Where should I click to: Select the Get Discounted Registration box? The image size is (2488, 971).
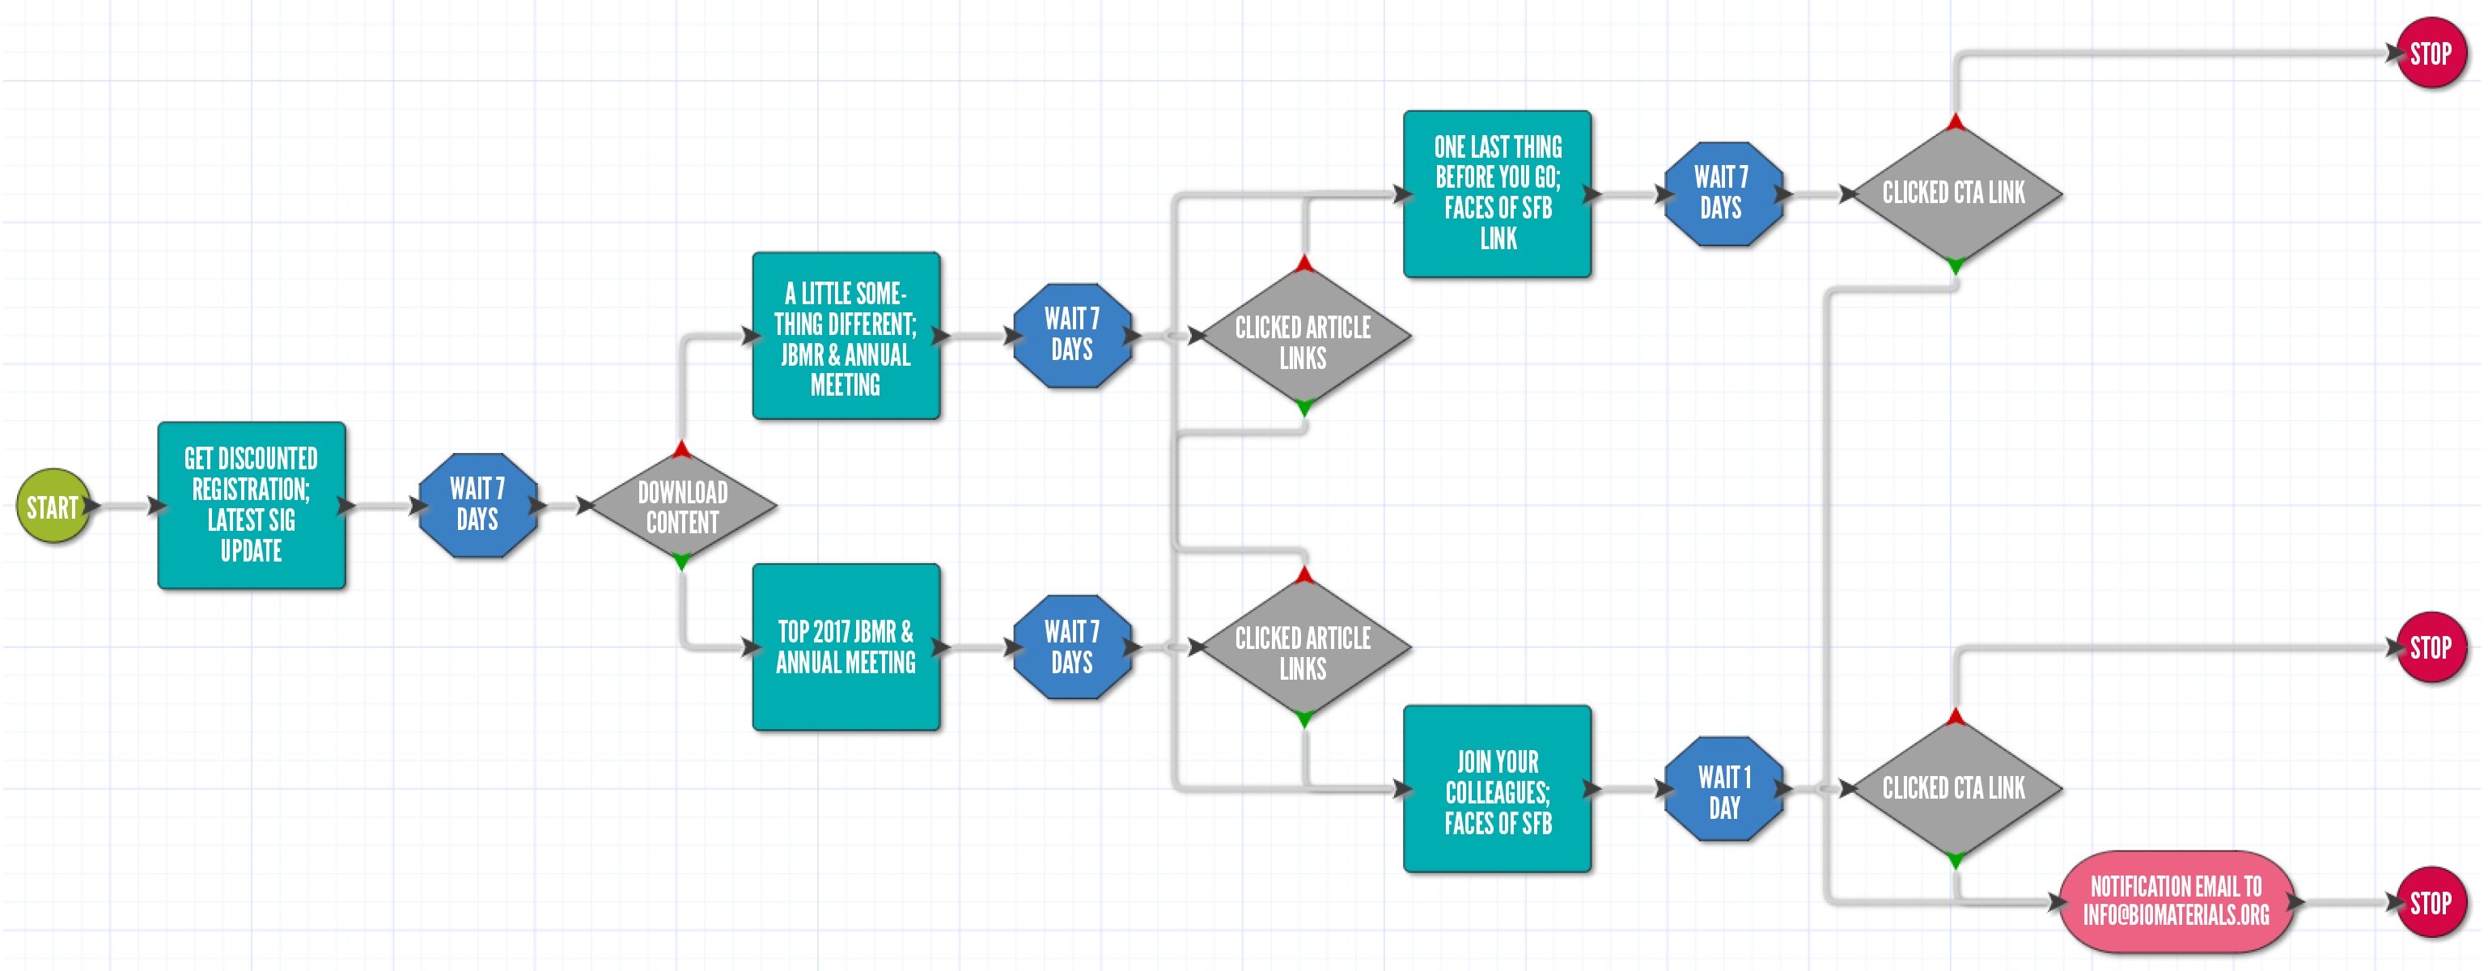[x=251, y=504]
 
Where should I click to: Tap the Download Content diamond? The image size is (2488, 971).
[x=682, y=507]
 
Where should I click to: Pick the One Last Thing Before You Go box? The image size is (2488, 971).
[x=1497, y=193]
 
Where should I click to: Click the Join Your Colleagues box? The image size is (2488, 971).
[x=1497, y=790]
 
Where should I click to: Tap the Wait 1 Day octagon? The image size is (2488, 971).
[x=1724, y=791]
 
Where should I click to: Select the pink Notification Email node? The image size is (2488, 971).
[x=2176, y=901]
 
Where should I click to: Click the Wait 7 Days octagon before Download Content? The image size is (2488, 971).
[x=477, y=504]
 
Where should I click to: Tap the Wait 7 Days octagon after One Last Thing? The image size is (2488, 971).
[x=1721, y=193]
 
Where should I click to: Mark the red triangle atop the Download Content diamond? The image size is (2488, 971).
[x=682, y=449]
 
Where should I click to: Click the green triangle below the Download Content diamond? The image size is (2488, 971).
[x=682, y=561]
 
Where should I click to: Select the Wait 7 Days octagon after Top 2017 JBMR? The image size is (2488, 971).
[x=1072, y=647]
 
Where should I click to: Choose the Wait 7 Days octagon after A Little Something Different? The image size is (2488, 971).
[x=1072, y=335]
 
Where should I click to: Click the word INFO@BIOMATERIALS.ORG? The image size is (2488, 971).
[x=2176, y=915]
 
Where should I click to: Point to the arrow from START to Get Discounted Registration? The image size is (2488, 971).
[x=125, y=505]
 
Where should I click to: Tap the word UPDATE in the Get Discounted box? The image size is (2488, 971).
[x=251, y=551]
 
